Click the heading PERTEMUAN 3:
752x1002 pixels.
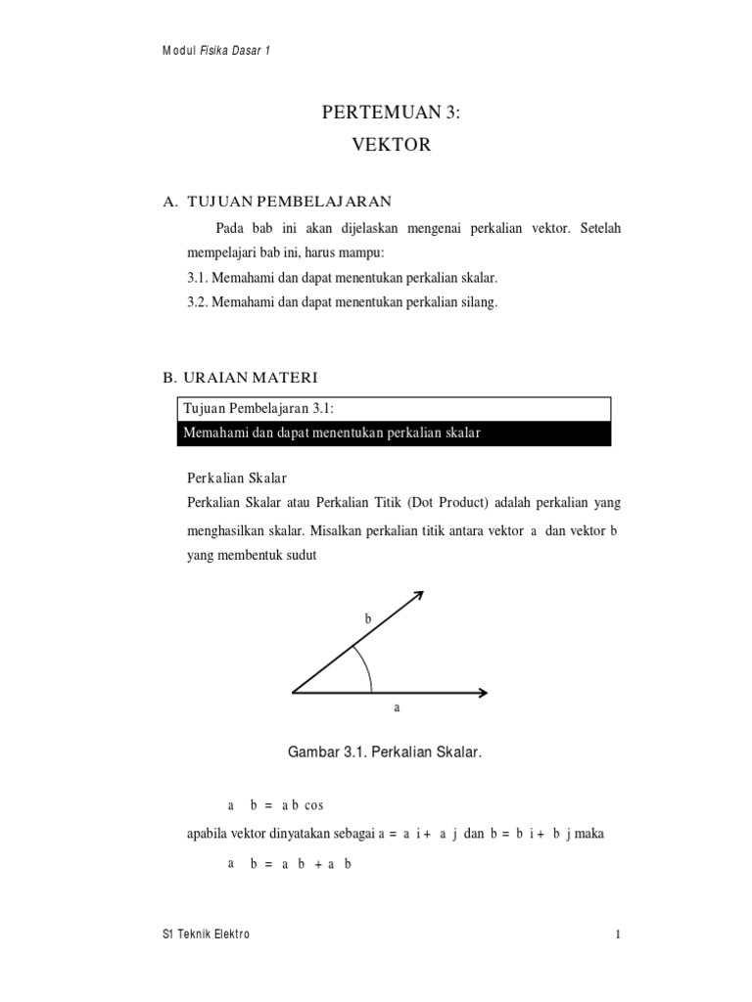point(390,114)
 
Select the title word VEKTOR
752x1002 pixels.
point(390,146)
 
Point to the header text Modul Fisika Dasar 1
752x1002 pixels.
point(215,52)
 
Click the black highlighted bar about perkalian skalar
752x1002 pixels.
point(394,433)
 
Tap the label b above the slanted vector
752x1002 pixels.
point(368,619)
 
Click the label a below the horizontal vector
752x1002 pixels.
point(398,706)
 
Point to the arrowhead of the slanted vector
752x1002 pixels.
point(418,595)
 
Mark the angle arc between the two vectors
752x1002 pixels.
point(366,668)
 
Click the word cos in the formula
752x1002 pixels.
point(313,805)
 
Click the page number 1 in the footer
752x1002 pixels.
point(619,934)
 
